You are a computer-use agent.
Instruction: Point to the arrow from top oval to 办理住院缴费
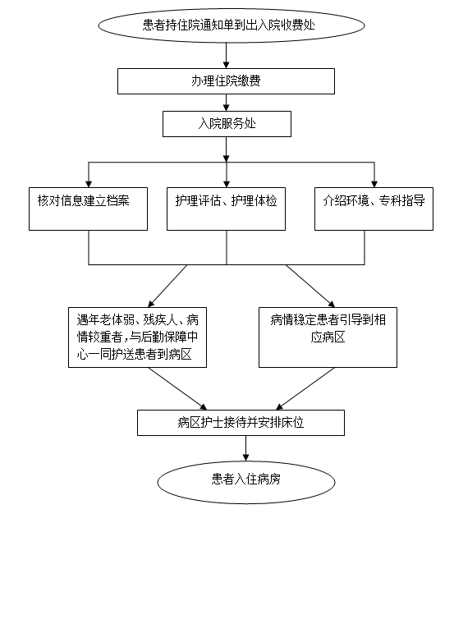(x=226, y=55)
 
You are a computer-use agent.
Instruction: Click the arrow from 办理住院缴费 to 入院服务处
(x=226, y=103)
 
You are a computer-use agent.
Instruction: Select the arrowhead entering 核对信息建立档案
(x=89, y=184)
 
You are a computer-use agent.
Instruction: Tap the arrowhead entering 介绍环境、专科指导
(x=374, y=184)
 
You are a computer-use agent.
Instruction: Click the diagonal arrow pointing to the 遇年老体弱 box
(x=167, y=286)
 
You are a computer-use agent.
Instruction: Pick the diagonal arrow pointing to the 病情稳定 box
(x=310, y=286)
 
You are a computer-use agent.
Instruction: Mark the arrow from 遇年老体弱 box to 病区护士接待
(x=178, y=389)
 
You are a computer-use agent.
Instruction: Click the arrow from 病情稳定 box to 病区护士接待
(x=305, y=389)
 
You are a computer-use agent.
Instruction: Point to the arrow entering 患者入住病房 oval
(x=246, y=448)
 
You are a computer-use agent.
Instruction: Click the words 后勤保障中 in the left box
(x=169, y=337)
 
